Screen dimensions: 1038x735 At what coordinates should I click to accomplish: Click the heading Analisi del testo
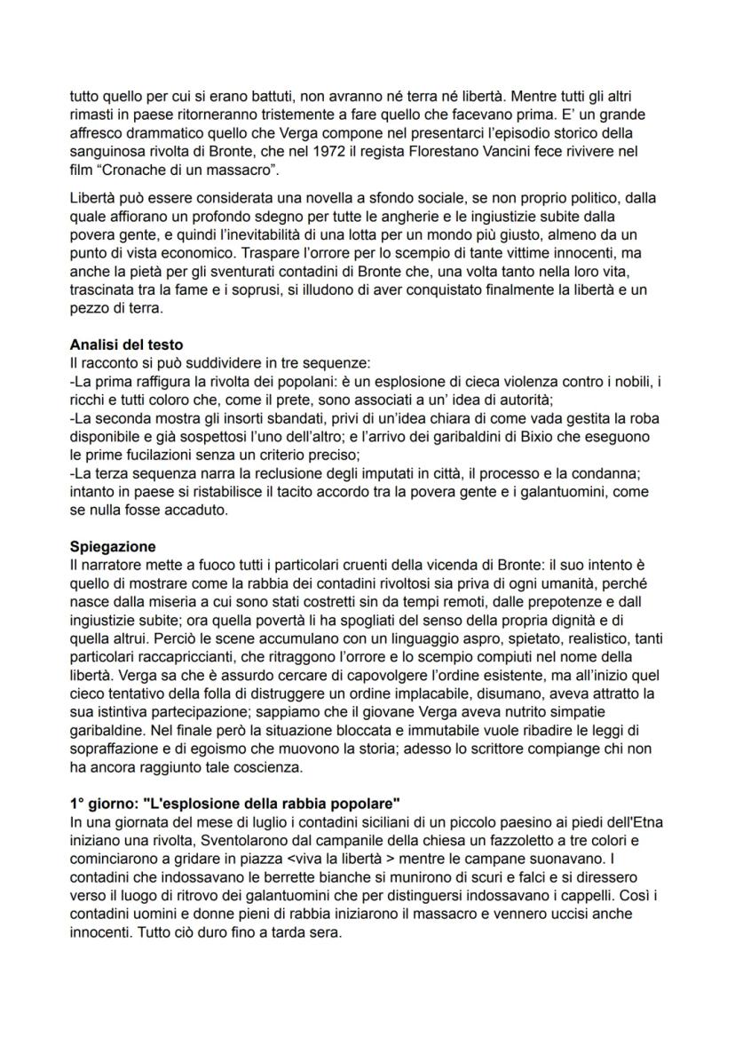126,344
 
